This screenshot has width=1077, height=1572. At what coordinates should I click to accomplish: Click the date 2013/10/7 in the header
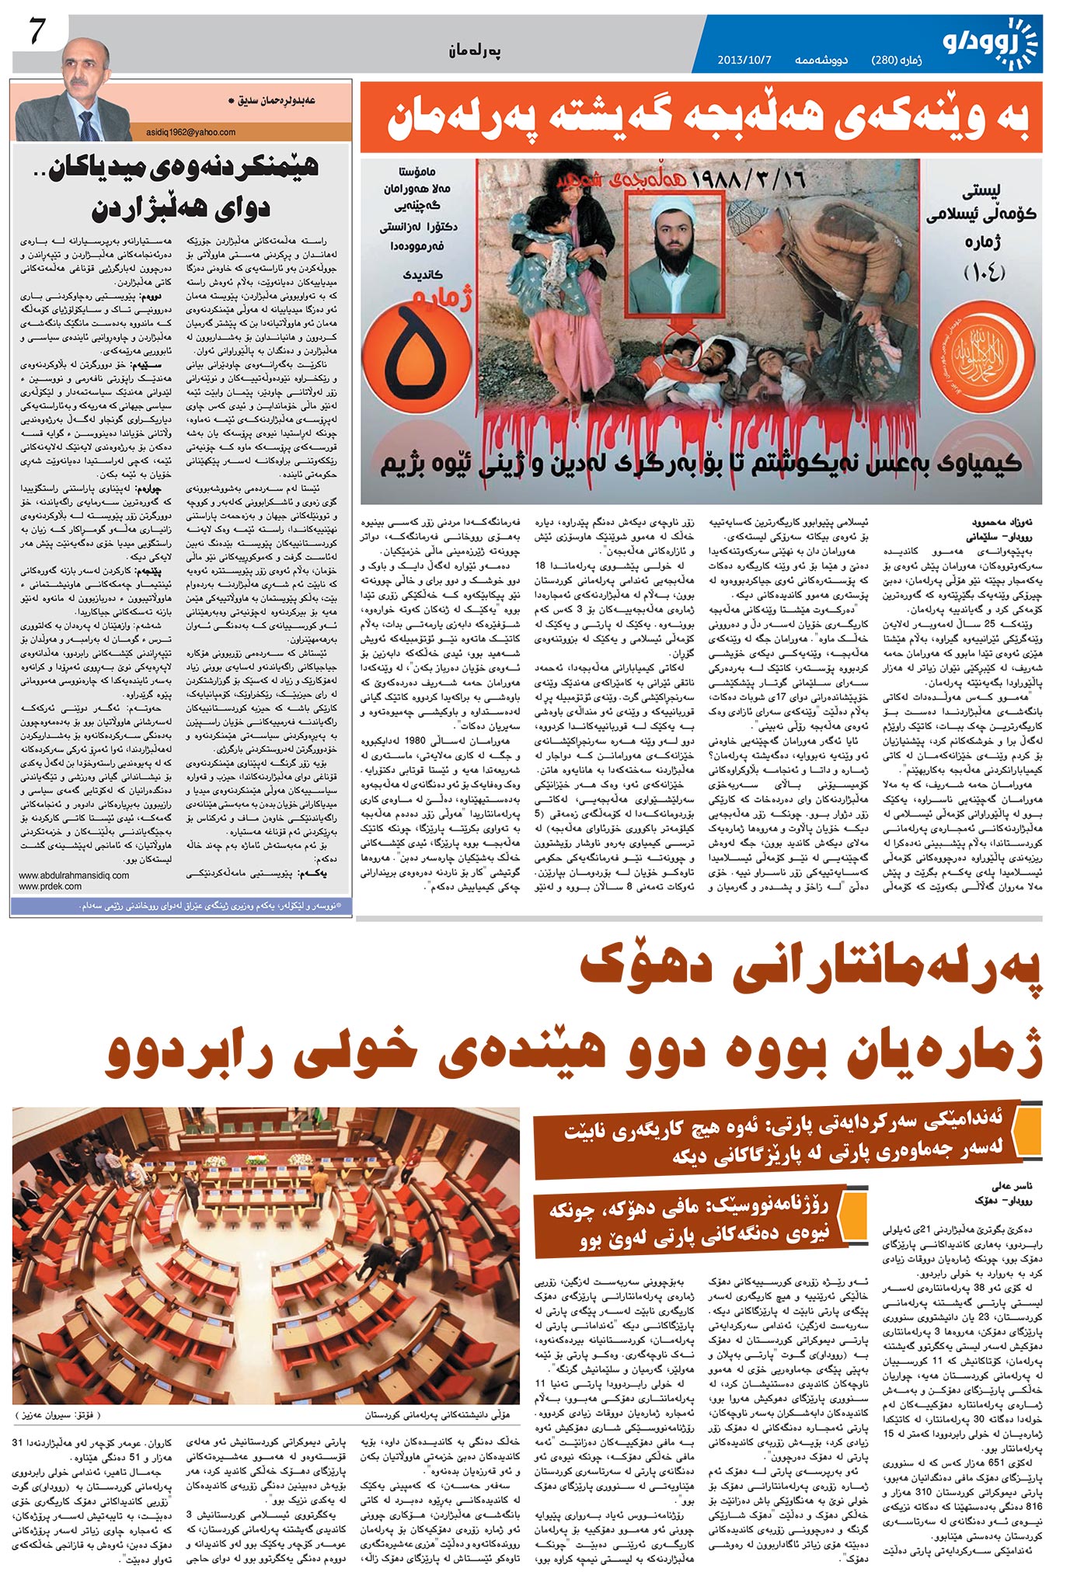(744, 60)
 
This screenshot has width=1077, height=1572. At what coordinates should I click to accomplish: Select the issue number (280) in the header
(885, 60)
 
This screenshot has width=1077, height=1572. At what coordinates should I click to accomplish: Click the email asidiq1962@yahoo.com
(190, 133)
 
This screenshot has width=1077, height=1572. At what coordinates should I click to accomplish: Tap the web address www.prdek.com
(51, 886)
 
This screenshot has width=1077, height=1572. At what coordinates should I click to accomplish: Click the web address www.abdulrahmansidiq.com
(74, 875)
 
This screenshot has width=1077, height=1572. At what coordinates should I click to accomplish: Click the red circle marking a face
(684, 353)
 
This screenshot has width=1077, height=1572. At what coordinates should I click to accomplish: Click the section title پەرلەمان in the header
(474, 52)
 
